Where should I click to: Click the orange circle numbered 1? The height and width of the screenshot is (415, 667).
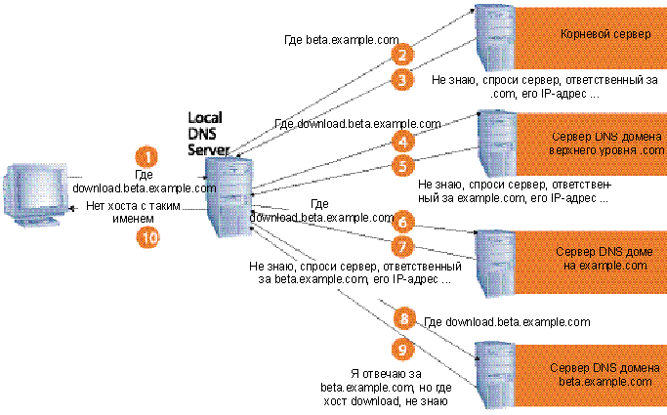tap(146, 156)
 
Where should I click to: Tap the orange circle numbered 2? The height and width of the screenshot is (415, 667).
tap(400, 55)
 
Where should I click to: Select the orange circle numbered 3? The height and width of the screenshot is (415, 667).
tap(400, 80)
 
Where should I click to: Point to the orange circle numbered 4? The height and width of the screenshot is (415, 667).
tap(400, 142)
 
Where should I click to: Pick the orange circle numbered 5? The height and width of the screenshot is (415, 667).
tap(400, 167)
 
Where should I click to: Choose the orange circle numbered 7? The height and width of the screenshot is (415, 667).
tap(400, 246)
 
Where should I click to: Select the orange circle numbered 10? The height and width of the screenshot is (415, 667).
tap(146, 234)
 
